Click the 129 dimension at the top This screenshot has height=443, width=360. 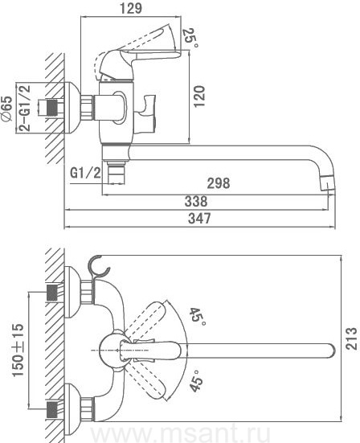tap(131, 8)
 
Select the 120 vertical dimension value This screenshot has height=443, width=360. tap(199, 96)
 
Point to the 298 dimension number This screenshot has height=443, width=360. tap(219, 183)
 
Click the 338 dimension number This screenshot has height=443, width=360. tap(196, 202)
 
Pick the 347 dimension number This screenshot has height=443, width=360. tap(199, 219)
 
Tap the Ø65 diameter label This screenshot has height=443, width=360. tap(7, 109)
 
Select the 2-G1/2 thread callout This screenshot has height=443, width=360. tap(25, 108)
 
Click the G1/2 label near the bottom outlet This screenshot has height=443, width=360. tap(85, 172)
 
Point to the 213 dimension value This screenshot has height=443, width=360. tap(352, 338)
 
